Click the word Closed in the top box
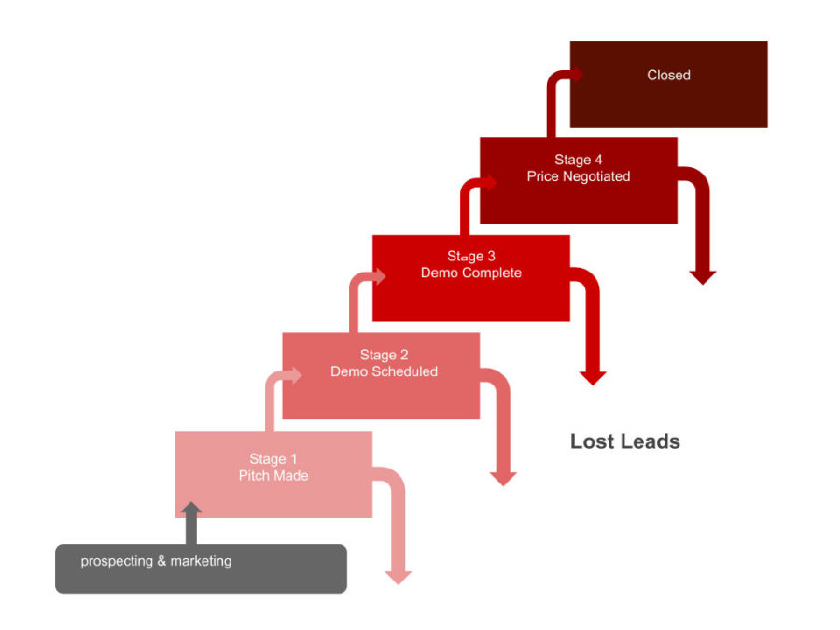coord(668,76)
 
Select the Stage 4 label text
coord(579,160)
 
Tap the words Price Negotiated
coord(579,176)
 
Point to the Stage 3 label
coord(471,256)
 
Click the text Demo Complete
coord(471,273)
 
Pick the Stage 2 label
coord(384,355)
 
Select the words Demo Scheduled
coord(384,371)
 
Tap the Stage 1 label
coord(273,458)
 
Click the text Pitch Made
coord(273,476)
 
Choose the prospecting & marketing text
coord(156,561)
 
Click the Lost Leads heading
coord(625,441)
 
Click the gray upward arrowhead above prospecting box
coord(191,510)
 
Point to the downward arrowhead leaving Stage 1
coord(399,577)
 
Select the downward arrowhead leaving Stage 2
coord(503,478)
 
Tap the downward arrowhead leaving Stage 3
coord(593,378)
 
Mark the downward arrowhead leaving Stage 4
coord(703,276)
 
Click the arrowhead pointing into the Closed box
coord(577,76)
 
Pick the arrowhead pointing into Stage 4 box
coord(490,182)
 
